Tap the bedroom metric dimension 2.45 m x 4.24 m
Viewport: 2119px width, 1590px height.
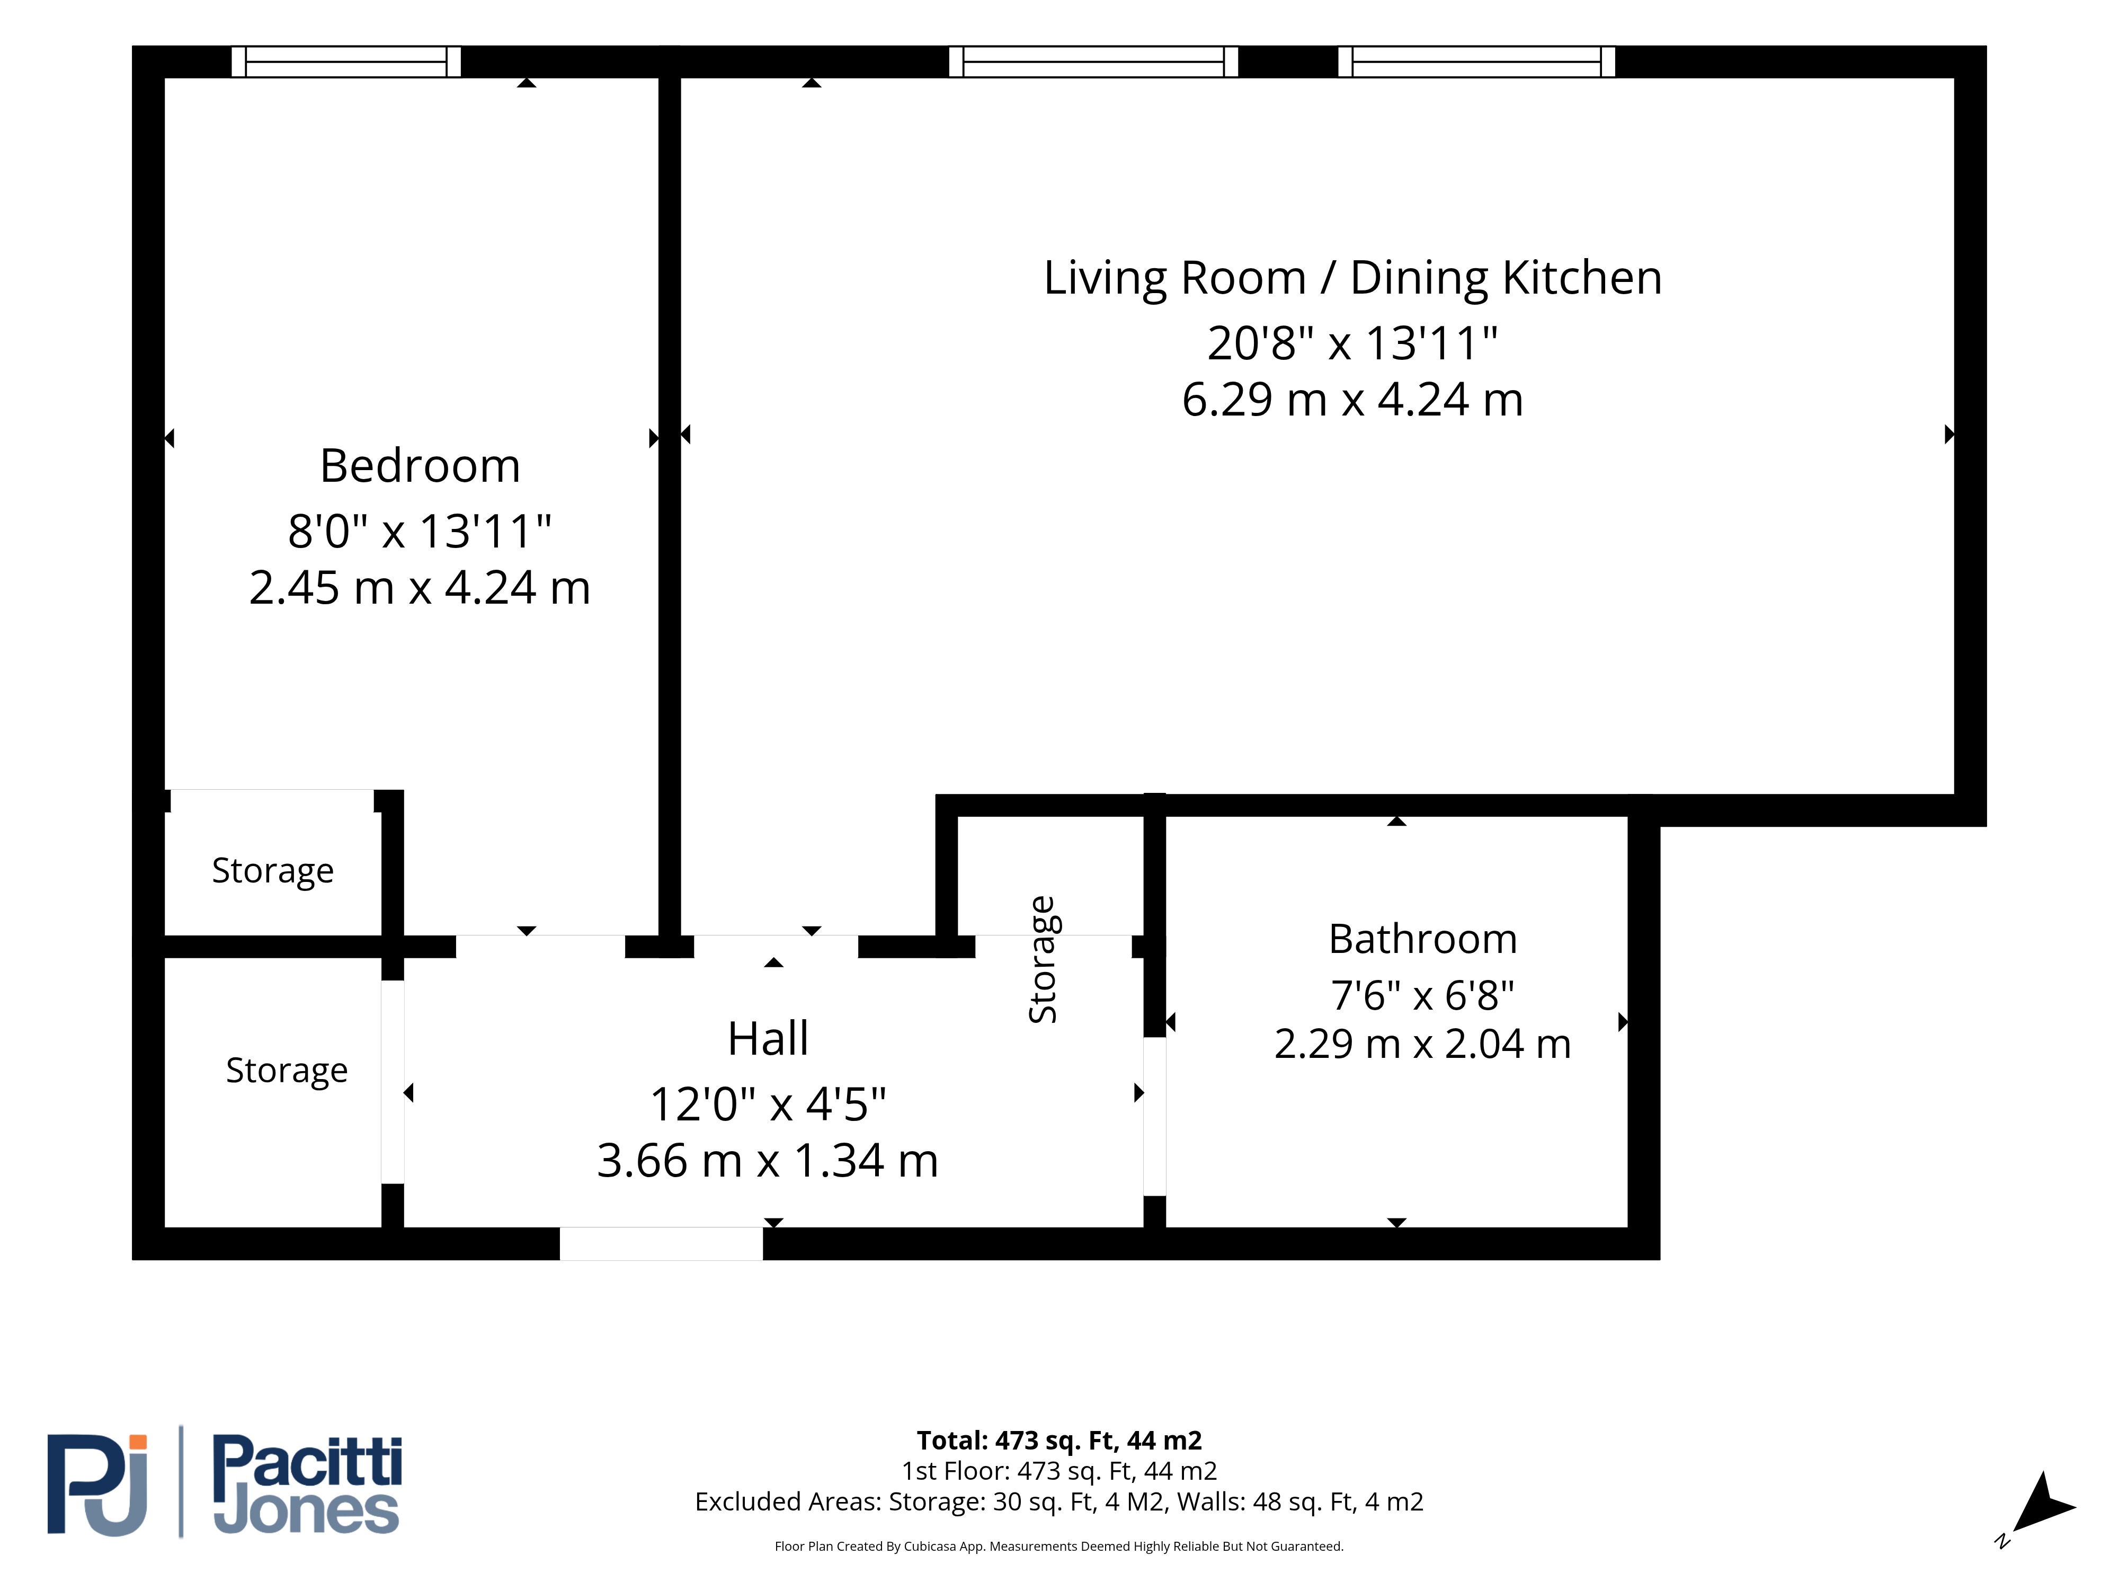(420, 587)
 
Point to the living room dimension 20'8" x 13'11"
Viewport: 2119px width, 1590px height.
(1352, 343)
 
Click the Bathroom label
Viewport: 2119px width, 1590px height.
(1422, 939)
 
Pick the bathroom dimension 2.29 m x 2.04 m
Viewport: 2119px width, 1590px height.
(1422, 1044)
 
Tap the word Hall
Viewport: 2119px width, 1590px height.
(768, 1039)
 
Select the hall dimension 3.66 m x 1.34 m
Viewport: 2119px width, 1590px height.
(768, 1161)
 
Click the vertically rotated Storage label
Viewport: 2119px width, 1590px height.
(1042, 959)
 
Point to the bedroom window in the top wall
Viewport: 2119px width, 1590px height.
(346, 61)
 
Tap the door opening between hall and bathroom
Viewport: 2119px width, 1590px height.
(1154, 1117)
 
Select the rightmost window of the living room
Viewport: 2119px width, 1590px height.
(1476, 61)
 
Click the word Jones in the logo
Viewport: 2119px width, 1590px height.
(307, 1512)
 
